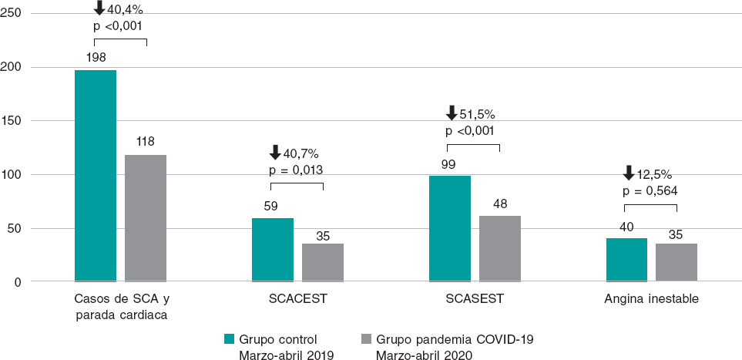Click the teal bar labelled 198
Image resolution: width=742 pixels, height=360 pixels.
tap(96, 176)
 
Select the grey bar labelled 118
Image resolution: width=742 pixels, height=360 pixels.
tap(146, 218)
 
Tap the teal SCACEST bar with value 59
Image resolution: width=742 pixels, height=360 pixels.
tap(273, 250)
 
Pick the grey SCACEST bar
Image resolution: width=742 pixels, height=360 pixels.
tap(323, 262)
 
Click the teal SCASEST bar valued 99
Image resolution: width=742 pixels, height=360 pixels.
tap(450, 228)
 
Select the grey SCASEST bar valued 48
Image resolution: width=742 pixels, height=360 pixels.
tap(500, 248)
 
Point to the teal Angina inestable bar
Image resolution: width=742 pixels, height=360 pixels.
tap(627, 260)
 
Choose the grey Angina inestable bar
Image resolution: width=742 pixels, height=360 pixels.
tap(677, 262)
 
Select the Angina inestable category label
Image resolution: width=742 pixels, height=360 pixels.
tap(652, 300)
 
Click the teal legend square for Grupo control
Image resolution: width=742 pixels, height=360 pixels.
tap(228, 338)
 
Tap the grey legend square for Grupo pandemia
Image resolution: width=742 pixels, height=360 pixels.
tap(365, 338)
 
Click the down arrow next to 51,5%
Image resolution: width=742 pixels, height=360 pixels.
tap(452, 113)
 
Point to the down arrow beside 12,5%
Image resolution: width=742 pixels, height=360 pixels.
tap(629, 173)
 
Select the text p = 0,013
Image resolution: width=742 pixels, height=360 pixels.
tap(296, 170)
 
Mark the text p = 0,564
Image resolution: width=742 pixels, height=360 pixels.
tap(650, 190)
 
